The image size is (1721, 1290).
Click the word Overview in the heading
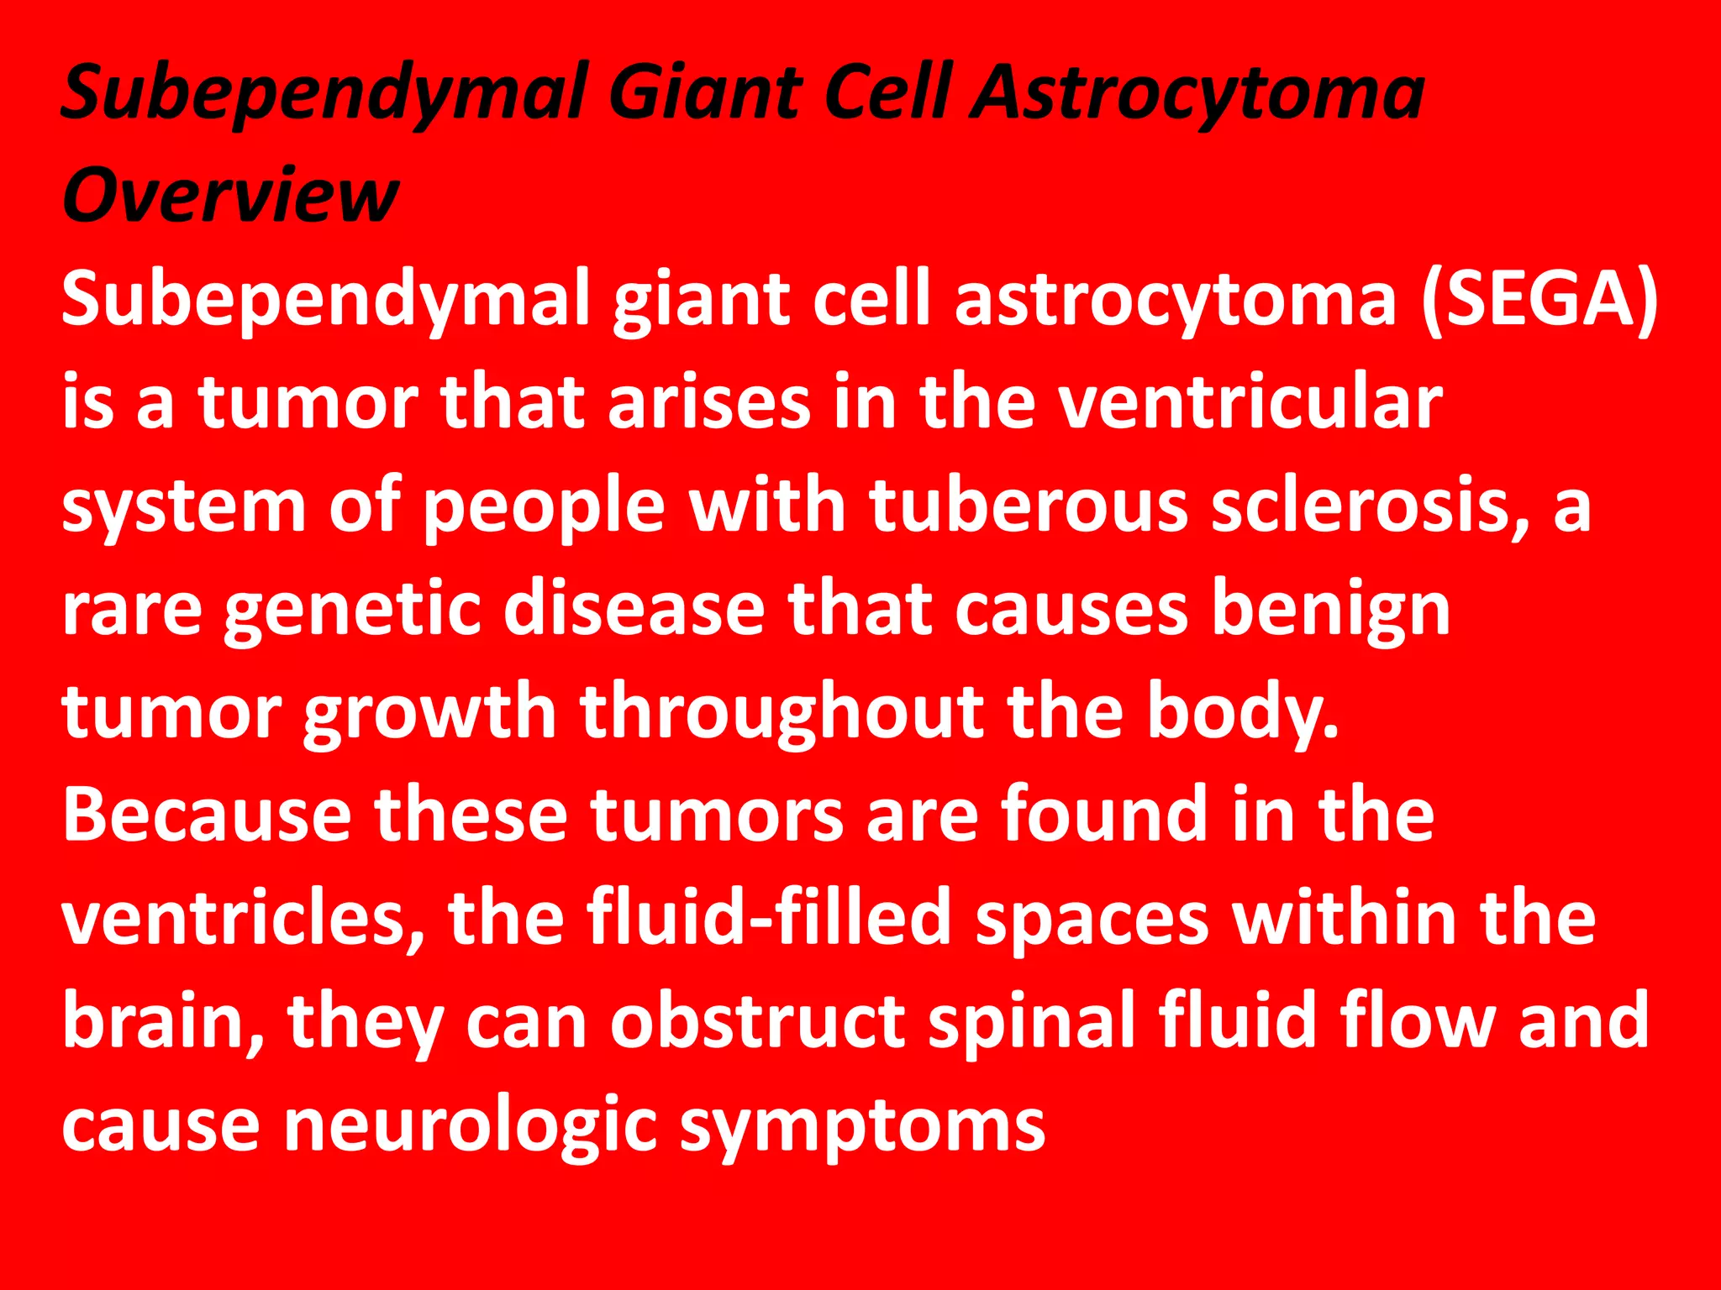pos(229,195)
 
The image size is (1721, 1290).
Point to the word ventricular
pos(1250,403)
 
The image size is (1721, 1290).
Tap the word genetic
pos(352,611)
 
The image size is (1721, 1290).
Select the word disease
pos(634,610)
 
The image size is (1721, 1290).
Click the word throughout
pos(782,714)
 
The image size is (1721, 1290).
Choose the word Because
pos(207,815)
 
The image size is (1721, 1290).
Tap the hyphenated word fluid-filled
pos(768,917)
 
